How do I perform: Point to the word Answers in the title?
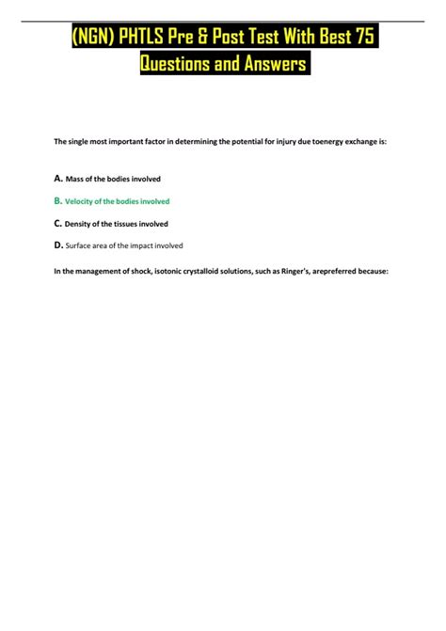(275, 66)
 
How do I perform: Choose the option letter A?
(57, 178)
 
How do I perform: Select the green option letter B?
(57, 200)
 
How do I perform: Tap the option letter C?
(57, 224)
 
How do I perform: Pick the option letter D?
(58, 245)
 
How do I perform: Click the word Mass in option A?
(74, 179)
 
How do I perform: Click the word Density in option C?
(79, 225)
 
